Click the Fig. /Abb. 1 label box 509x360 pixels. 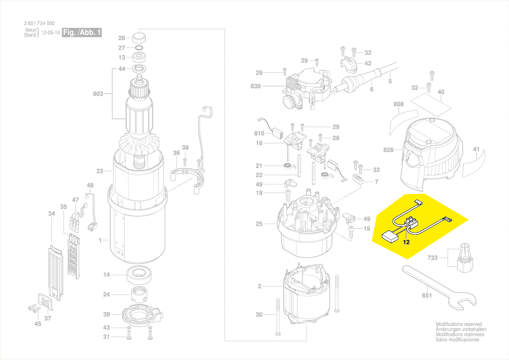pos(82,33)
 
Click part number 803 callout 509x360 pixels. pos(98,94)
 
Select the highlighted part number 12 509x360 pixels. pos(406,243)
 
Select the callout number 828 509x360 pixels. pos(388,150)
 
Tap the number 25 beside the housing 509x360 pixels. pos(259,224)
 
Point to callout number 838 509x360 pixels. pos(256,86)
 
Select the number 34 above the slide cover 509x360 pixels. pos(51,214)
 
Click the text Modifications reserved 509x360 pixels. pos(458,324)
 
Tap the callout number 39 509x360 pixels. pos(106,315)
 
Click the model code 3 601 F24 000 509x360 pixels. pos(39,24)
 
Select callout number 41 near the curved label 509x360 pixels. pos(476,149)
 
